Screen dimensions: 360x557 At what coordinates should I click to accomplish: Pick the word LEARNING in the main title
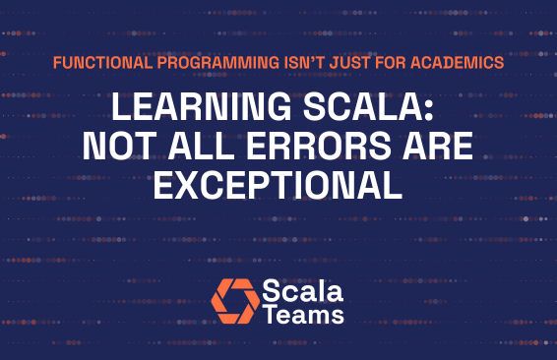pos(185,108)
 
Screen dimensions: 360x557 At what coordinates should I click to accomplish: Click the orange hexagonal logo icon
pos(235,301)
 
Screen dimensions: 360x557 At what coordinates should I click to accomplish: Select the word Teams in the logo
pos(304,315)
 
